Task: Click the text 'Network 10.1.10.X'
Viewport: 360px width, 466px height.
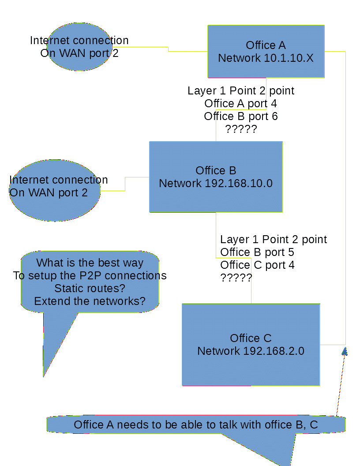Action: coord(266,58)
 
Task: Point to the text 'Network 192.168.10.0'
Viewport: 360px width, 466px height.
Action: coord(216,183)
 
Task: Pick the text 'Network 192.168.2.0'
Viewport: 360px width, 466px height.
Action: coord(251,351)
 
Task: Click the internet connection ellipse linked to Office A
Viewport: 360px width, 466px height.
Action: coord(79,62)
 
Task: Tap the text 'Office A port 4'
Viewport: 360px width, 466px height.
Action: coord(241,103)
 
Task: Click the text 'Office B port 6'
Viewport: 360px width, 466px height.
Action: coord(241,116)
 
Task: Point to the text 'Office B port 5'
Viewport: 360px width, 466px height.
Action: coord(257,252)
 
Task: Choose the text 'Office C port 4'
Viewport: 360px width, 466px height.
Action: coord(257,265)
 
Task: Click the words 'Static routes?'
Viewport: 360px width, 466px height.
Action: coord(90,288)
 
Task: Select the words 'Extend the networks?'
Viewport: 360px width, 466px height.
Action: coord(90,301)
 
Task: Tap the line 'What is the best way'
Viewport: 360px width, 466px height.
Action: coord(90,263)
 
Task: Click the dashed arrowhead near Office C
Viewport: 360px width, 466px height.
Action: coord(345,351)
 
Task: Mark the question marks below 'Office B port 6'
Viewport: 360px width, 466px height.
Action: coord(241,129)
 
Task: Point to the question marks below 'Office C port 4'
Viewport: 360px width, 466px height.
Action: coord(236,278)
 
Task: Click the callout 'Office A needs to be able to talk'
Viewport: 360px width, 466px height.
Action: coord(195,425)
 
